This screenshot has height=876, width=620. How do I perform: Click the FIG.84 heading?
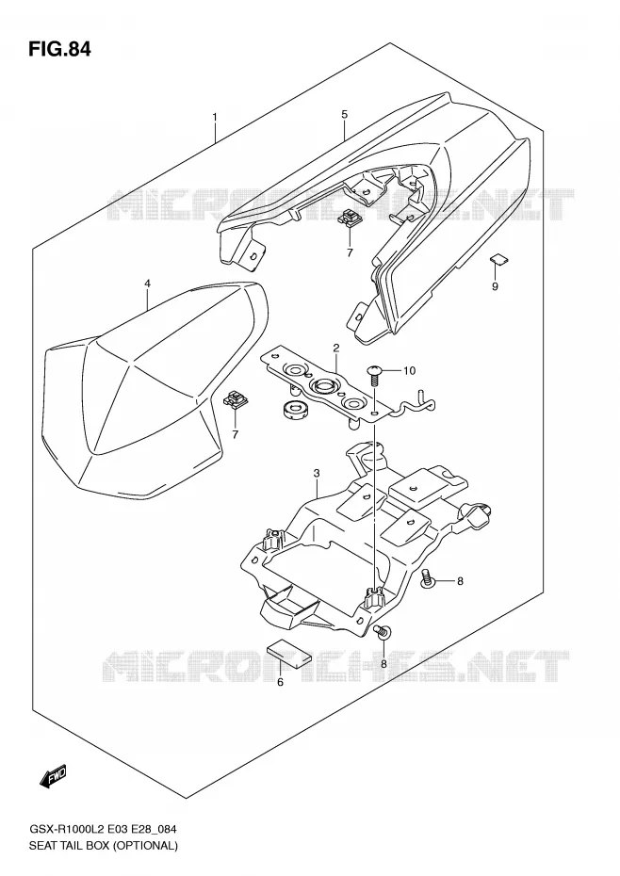[x=58, y=49]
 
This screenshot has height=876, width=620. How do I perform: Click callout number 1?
[x=215, y=117]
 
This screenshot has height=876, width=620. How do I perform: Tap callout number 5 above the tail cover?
[x=344, y=115]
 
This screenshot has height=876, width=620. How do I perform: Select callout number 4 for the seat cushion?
[x=148, y=284]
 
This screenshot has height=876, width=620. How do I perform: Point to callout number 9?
[x=495, y=286]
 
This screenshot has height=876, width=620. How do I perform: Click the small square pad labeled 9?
[x=499, y=258]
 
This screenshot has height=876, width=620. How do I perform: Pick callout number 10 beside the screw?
[x=409, y=370]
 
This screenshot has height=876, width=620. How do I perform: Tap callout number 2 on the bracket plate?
[x=336, y=348]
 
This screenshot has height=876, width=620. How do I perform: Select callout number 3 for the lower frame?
[x=317, y=474]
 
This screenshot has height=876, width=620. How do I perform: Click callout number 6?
[x=280, y=682]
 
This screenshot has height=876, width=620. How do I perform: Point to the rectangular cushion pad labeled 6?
[x=288, y=654]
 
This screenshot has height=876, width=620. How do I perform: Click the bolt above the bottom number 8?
[x=383, y=632]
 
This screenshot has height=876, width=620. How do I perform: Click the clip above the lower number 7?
[x=236, y=398]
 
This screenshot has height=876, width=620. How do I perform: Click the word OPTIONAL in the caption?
[x=145, y=845]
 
